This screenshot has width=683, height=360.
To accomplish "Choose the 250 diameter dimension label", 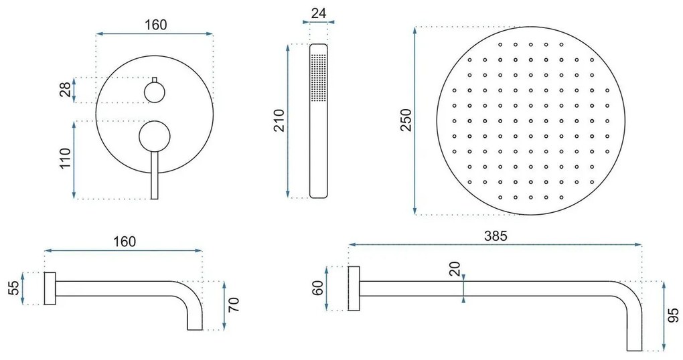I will (x=406, y=120).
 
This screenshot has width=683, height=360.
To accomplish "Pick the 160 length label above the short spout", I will (x=123, y=241).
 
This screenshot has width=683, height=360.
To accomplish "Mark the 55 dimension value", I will (x=13, y=288).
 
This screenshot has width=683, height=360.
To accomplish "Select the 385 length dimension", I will (x=496, y=236).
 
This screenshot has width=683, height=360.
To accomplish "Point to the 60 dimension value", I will (x=318, y=288).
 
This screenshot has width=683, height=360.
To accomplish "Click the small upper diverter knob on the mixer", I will (x=155, y=90).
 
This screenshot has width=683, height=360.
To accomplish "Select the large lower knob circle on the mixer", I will (x=155, y=137).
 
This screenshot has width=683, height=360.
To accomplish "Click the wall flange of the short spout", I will (x=50, y=288).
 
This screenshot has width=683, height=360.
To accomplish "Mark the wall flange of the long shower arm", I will (x=355, y=288).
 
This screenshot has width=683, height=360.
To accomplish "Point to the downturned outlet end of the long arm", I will (x=634, y=335).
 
